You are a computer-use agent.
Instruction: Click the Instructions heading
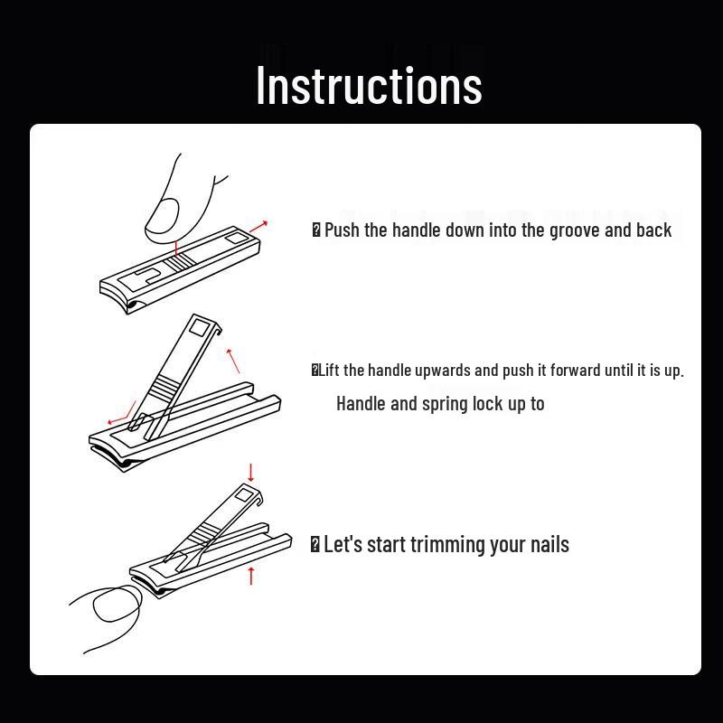point(369,86)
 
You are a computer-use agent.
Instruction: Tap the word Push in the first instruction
point(342,230)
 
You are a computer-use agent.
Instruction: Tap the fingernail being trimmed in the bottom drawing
point(117,603)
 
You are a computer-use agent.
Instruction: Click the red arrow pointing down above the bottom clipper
point(251,473)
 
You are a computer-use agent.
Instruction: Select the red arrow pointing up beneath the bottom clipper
point(251,576)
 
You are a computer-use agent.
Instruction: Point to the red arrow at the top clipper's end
point(258,227)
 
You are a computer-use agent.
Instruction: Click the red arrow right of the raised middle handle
point(233,361)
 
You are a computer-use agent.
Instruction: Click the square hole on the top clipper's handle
point(236,238)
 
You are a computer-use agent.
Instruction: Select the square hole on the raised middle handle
point(199,328)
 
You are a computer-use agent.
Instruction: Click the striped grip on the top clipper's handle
point(180,261)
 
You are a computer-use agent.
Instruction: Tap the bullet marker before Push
point(316,230)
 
